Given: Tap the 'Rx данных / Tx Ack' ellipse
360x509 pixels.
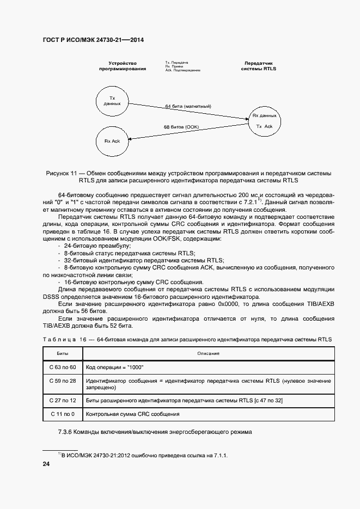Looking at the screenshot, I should [264, 121].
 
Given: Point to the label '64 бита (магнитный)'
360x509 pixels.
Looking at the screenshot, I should [188, 106].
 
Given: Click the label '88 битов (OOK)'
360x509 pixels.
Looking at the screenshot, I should [181, 127].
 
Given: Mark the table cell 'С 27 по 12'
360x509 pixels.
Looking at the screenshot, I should [62, 401].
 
